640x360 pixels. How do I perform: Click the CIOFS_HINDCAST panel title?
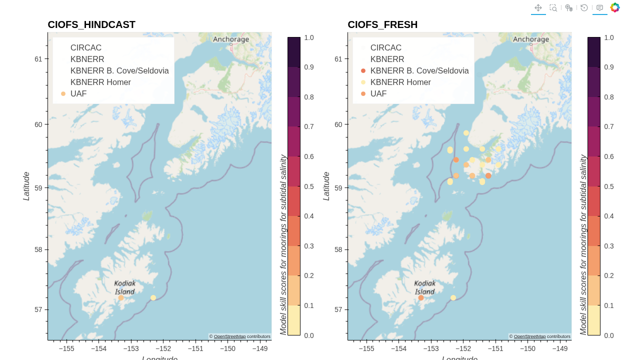[x=91, y=24]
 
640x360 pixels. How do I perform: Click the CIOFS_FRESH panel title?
[x=382, y=24]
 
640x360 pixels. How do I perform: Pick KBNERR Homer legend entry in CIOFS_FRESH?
[x=400, y=82]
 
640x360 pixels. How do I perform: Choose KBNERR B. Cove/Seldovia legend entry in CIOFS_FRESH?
[x=419, y=70]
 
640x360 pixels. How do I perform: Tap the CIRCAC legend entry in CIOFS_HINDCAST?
[x=86, y=47]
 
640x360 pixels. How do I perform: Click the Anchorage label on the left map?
[x=230, y=39]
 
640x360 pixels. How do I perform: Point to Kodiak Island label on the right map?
[x=425, y=287]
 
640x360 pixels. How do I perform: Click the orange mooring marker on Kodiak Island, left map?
[x=120, y=297]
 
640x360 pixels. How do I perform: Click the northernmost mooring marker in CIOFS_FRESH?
[x=466, y=133]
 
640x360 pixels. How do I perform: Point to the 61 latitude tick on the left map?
[x=38, y=59]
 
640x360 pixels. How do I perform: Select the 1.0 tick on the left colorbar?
[x=309, y=37]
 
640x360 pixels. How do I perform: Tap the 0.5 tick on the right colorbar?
[x=609, y=186]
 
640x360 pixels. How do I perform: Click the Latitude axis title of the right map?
[x=326, y=186]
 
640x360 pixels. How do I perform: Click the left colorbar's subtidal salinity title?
[x=283, y=244]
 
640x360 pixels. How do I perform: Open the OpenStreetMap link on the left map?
[x=229, y=336]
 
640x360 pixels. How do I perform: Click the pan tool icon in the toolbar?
[x=538, y=7]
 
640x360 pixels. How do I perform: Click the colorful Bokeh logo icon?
[x=615, y=7]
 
